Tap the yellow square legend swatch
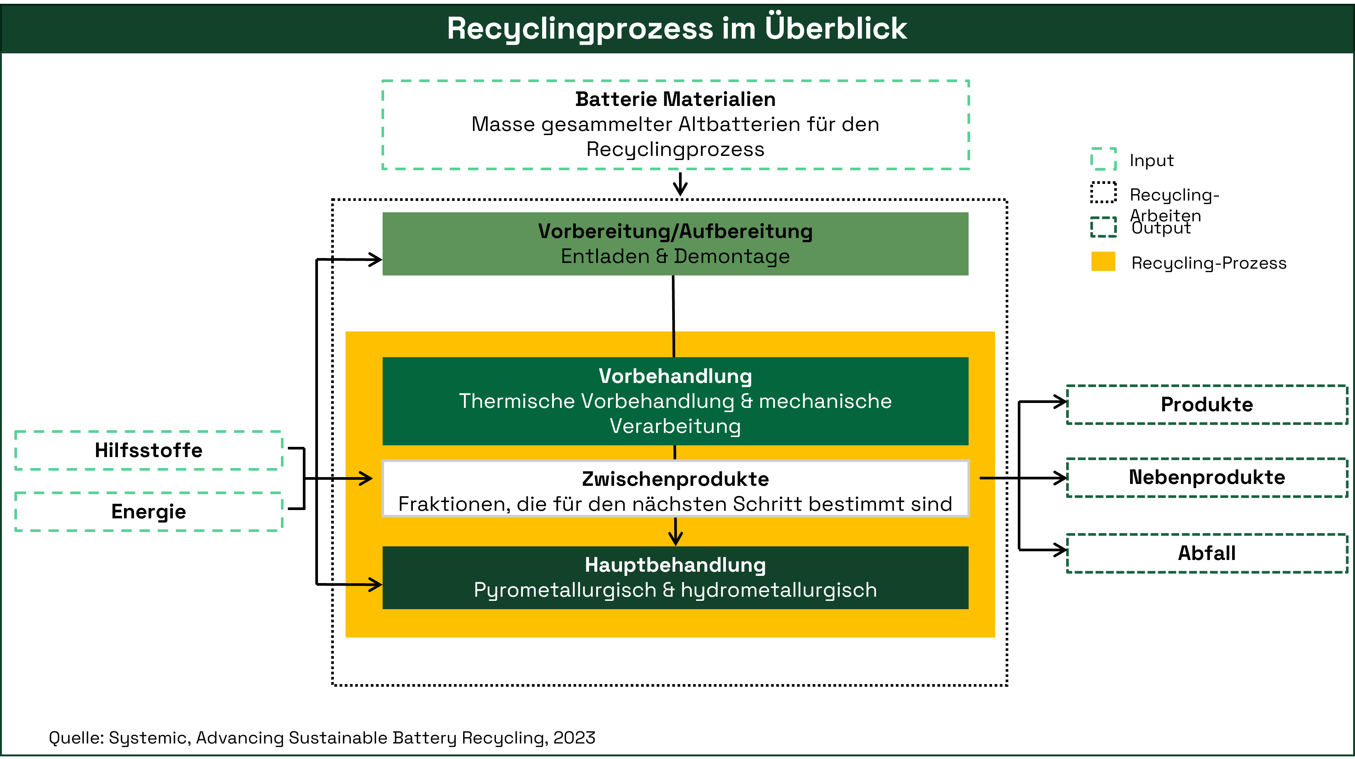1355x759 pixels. click(1103, 261)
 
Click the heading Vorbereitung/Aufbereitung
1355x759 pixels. click(675, 232)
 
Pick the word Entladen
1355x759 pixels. click(605, 256)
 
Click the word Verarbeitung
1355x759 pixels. click(675, 426)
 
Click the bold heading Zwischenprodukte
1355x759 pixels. click(675, 479)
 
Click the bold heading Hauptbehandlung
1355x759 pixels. click(675, 565)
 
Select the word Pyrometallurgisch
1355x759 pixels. click(564, 590)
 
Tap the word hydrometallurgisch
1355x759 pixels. click(778, 590)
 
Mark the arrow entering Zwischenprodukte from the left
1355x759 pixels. click(360, 479)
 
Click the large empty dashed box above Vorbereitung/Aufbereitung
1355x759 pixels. click(675, 125)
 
